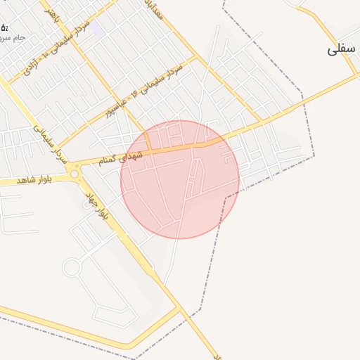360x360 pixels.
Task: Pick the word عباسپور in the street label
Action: coord(119,103)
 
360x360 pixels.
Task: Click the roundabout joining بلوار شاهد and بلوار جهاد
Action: coord(73,173)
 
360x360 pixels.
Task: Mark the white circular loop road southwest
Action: coord(72,267)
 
